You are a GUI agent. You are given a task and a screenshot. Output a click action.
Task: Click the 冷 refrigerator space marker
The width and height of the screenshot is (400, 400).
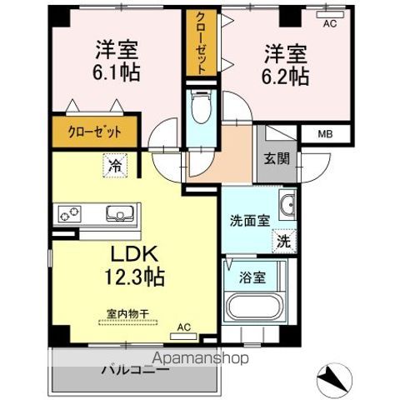115,165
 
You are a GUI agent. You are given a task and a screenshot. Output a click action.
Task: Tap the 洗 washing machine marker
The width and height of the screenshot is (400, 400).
284,242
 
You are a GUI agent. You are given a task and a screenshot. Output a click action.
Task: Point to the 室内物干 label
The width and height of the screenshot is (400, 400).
127,314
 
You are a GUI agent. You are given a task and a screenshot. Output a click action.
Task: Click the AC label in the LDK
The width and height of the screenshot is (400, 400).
184,327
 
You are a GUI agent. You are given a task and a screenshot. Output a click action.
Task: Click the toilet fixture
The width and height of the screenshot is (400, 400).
199,106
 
